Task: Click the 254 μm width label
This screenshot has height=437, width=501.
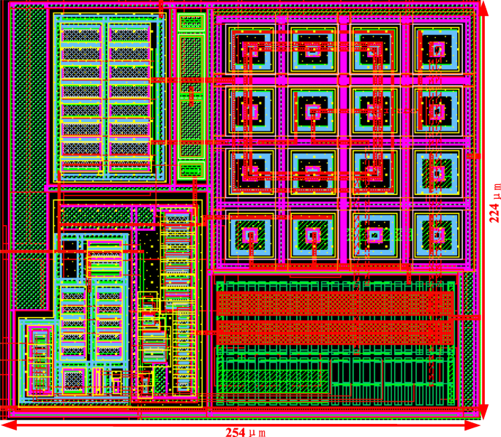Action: (x=246, y=431)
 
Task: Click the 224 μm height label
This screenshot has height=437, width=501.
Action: (x=495, y=202)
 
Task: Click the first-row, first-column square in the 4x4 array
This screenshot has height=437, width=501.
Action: (x=251, y=50)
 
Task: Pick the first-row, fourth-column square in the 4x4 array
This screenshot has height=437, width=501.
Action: (x=437, y=50)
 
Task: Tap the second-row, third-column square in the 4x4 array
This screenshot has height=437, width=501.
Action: (x=374, y=111)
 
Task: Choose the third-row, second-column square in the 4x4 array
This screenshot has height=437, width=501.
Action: (x=313, y=172)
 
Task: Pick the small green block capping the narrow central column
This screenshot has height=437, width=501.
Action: (x=190, y=22)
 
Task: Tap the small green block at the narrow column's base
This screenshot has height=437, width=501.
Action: (x=190, y=171)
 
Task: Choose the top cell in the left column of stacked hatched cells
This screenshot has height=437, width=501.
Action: (x=80, y=34)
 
